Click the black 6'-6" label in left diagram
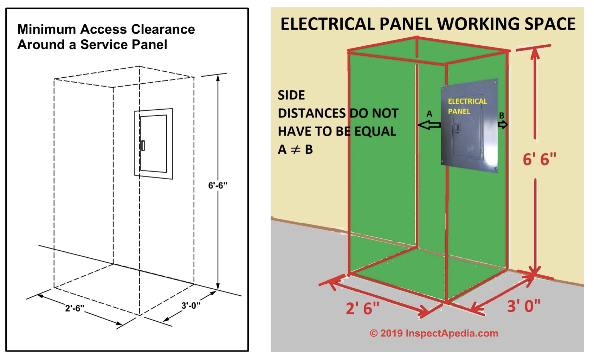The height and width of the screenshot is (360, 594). pyautogui.click(x=218, y=185)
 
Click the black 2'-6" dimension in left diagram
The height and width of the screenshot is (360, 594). pyautogui.click(x=75, y=308)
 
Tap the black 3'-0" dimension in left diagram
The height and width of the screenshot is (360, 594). pyautogui.click(x=191, y=306)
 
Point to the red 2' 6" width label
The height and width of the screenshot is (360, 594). pyautogui.click(x=362, y=309)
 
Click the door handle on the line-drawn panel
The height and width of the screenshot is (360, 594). pyautogui.click(x=143, y=145)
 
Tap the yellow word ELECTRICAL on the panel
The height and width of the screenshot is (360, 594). pyautogui.click(x=467, y=101)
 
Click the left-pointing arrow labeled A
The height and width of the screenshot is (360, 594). pyautogui.click(x=429, y=125)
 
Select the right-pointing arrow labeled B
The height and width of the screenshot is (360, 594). pyautogui.click(x=503, y=124)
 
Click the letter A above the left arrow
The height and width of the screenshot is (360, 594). pyautogui.click(x=429, y=114)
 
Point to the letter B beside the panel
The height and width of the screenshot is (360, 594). pyautogui.click(x=502, y=115)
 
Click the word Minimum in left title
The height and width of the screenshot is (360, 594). pyautogui.click(x=47, y=29)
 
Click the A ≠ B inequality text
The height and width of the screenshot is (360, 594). pyautogui.click(x=295, y=150)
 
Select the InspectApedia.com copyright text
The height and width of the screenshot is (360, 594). pyautogui.click(x=434, y=333)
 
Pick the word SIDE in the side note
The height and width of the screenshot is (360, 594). pyautogui.click(x=291, y=95)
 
